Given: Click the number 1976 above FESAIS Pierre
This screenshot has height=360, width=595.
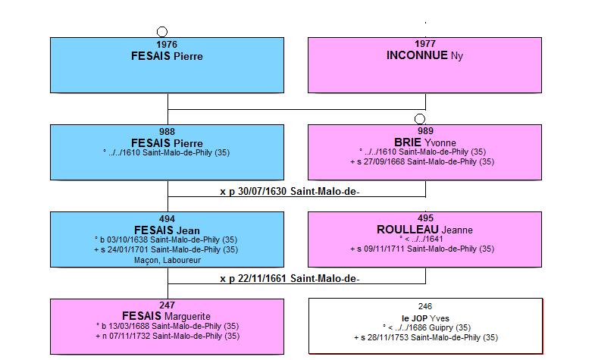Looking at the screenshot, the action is click(167, 45).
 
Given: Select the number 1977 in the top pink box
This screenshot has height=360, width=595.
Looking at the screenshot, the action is click(425, 44).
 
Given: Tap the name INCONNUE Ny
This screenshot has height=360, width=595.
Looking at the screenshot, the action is click(424, 56).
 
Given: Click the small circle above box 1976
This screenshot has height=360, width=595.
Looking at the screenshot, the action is click(162, 32).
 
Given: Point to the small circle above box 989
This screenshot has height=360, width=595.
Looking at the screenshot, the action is click(420, 119).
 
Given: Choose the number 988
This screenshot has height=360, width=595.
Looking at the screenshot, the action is click(167, 132).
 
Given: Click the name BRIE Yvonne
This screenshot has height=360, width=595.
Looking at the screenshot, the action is click(425, 142).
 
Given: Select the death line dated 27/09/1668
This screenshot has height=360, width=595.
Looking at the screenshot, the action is click(422, 161).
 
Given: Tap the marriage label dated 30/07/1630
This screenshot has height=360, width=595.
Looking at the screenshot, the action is click(290, 192).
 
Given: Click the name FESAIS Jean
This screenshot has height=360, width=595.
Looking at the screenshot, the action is click(167, 230).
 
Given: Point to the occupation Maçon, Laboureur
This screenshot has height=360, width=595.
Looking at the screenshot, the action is click(168, 260).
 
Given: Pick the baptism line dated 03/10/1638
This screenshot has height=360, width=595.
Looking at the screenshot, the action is click(166, 239).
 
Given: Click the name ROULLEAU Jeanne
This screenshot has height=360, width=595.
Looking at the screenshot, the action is click(424, 230).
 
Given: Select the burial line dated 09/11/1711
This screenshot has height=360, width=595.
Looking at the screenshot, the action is click(422, 249).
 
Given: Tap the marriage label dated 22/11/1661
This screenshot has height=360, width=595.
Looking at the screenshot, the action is click(290, 279).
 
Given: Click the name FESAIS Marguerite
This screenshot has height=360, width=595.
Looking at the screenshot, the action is click(166, 316).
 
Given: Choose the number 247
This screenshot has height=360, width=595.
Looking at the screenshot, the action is click(167, 305).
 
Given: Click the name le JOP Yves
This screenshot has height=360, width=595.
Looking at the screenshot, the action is click(425, 318).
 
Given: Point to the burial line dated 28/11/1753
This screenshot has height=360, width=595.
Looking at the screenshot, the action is click(426, 337).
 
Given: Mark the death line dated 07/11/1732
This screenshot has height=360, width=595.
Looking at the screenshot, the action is click(168, 336).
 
